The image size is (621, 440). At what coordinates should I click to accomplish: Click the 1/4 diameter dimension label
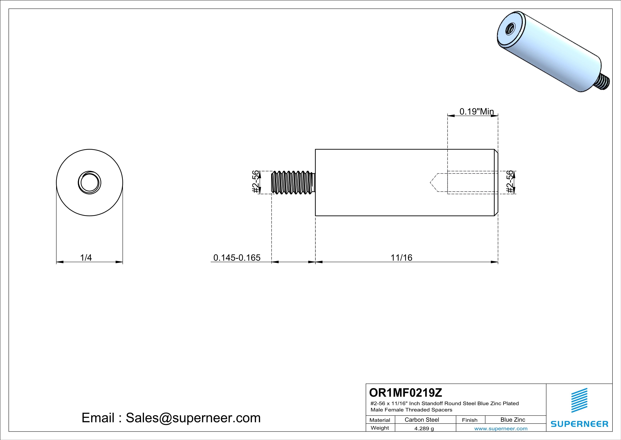click(86, 257)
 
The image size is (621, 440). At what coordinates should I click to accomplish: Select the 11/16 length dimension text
click(401, 257)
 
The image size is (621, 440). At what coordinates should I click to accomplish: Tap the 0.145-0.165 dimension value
click(237, 257)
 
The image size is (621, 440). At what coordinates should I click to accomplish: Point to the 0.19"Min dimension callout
click(477, 111)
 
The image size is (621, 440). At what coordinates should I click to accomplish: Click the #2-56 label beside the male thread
click(255, 182)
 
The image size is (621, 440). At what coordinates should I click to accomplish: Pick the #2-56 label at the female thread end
click(510, 182)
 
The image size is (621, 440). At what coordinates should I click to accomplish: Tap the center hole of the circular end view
click(90, 183)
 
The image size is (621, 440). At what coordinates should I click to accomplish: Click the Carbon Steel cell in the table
click(422, 420)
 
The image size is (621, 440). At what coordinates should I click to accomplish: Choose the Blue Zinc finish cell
click(512, 420)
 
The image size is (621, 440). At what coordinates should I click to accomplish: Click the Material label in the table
click(380, 420)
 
